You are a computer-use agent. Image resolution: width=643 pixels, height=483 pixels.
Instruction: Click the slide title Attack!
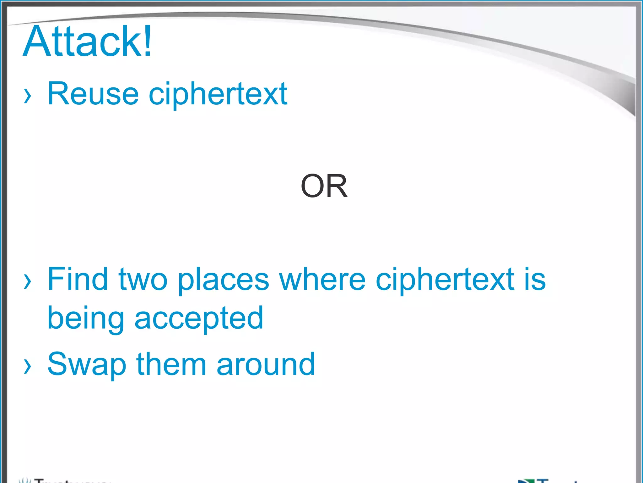87,42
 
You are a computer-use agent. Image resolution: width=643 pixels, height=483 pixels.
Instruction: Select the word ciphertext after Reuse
218,94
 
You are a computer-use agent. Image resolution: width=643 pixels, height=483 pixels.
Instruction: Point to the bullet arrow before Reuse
28,96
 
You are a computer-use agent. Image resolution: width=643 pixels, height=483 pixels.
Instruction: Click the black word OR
324,186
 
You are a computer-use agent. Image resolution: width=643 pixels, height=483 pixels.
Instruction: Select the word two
143,279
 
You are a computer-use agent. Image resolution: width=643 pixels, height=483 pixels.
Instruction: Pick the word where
322,279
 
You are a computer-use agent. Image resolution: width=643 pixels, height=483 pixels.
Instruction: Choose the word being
85,319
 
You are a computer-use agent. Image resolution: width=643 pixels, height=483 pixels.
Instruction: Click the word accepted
199,319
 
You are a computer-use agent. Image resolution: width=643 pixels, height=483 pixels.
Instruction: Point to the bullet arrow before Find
28,281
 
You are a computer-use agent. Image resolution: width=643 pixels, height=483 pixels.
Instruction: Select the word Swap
87,365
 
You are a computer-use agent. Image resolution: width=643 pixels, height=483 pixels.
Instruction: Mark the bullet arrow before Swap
28,366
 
